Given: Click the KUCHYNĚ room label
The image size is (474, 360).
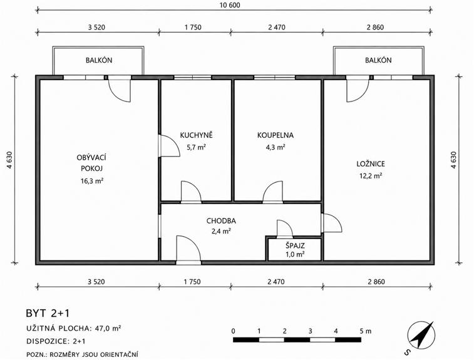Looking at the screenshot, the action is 196,135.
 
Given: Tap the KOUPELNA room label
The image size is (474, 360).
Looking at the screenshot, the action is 276,135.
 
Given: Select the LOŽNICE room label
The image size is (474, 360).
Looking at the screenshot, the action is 371,164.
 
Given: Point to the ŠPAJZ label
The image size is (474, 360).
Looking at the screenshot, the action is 295,245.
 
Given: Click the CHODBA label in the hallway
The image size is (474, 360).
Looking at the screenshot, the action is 221,221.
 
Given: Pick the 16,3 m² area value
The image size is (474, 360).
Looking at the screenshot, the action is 92,181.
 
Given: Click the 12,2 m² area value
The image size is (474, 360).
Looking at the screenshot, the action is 371,175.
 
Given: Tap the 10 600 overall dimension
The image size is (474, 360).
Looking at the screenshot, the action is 230,5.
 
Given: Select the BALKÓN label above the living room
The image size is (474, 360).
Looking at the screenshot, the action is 99,60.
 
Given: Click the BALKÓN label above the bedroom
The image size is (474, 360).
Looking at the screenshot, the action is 378,60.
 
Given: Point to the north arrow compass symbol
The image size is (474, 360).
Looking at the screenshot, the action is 421,335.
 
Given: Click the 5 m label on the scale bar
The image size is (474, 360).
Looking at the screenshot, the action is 366,331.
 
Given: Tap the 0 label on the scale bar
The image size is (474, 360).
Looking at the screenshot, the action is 233,331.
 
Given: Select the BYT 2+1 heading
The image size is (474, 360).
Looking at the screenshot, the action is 48,313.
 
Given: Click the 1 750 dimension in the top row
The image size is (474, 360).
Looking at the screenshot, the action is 193,27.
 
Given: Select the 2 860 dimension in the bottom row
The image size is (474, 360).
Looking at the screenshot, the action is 376,282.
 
